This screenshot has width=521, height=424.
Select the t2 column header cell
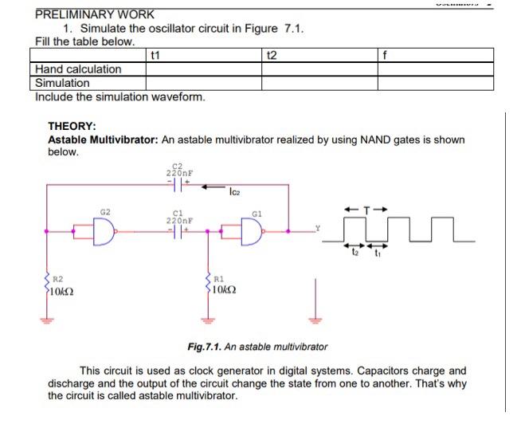[272, 55]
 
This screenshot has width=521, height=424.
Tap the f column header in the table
[386, 55]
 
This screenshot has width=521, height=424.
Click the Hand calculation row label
[79, 69]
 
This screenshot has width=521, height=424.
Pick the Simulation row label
[63, 83]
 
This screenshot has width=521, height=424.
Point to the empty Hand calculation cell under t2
[319, 69]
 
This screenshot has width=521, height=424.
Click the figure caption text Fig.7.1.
[205, 347]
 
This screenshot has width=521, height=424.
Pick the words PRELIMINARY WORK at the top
[95, 14]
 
